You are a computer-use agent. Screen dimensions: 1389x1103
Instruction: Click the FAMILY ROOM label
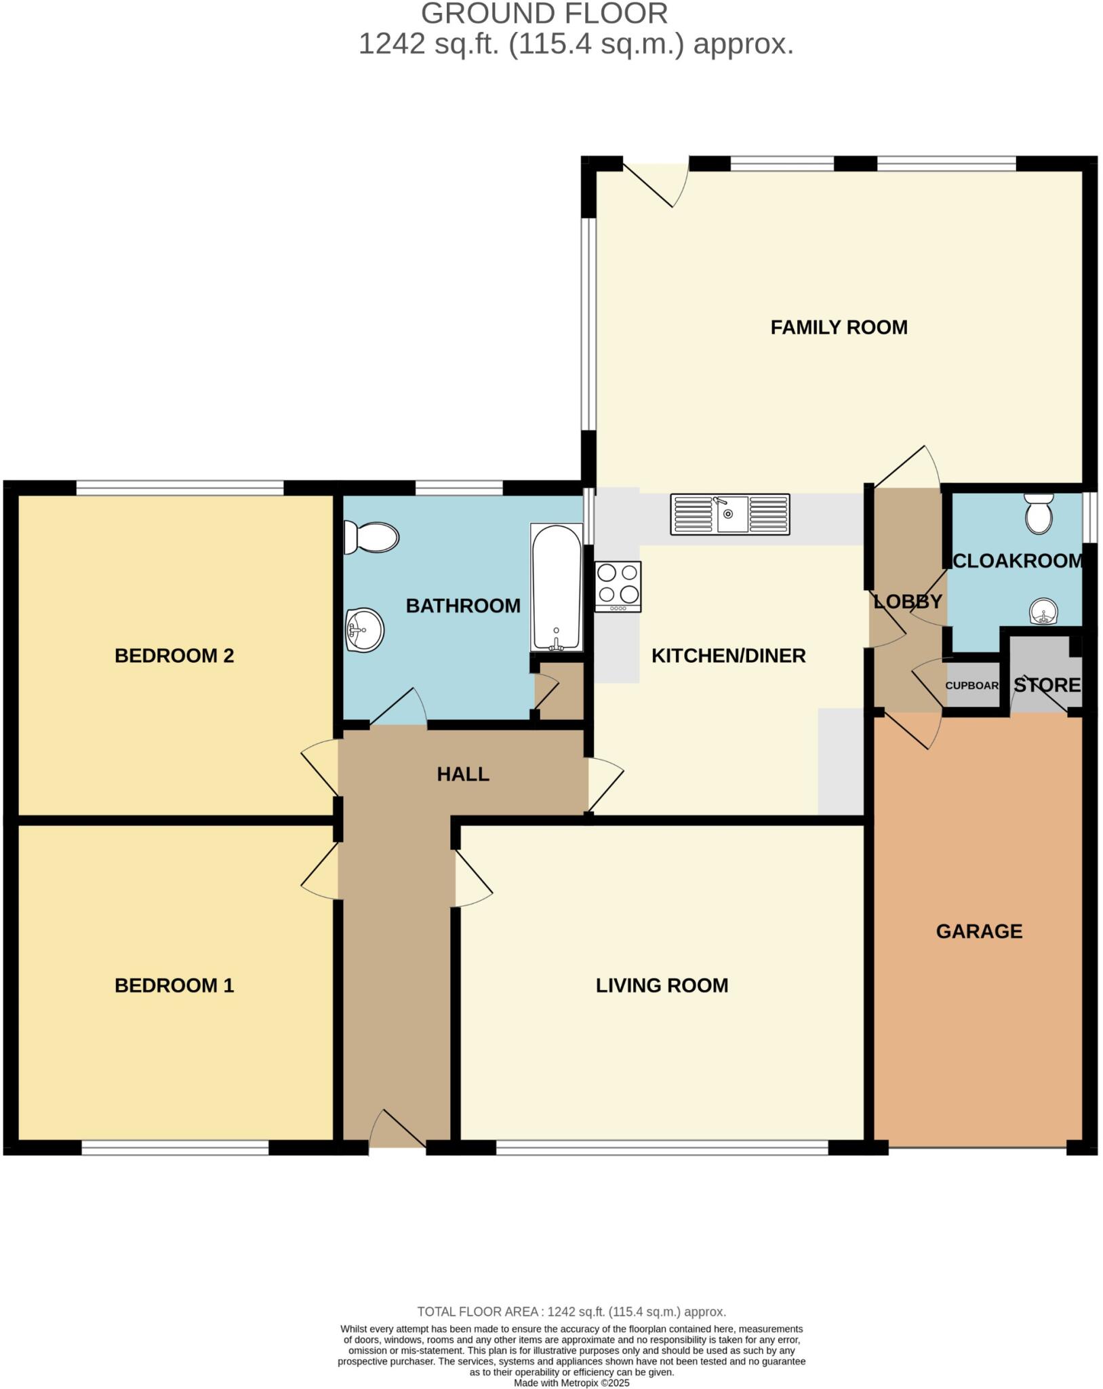pos(839,328)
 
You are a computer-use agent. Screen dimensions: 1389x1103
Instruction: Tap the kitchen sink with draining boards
pos(730,514)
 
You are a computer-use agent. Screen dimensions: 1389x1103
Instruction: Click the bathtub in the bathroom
pos(556,587)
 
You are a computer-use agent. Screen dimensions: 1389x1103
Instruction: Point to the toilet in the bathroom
pos(370,537)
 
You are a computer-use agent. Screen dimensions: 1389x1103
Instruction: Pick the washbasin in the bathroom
pos(365,630)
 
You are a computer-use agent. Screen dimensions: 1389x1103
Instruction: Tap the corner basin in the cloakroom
pos(1043,612)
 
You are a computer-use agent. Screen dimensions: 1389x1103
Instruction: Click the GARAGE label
pos(979,931)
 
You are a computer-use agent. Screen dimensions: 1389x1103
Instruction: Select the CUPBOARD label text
pos(972,686)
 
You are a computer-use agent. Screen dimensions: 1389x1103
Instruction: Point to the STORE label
pos(1047,685)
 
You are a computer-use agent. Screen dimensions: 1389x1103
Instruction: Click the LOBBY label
pos(907,602)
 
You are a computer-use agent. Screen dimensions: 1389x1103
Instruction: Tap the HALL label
pos(463,774)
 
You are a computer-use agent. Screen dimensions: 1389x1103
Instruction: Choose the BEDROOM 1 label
pos(174,985)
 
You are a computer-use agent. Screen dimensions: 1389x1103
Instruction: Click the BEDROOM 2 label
pos(174,656)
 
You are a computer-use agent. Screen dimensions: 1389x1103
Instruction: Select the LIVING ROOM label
pos(662,985)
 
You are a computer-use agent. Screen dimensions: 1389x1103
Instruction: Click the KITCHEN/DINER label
pos(728,656)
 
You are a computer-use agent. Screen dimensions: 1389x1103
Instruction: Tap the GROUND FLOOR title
pos(544,14)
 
